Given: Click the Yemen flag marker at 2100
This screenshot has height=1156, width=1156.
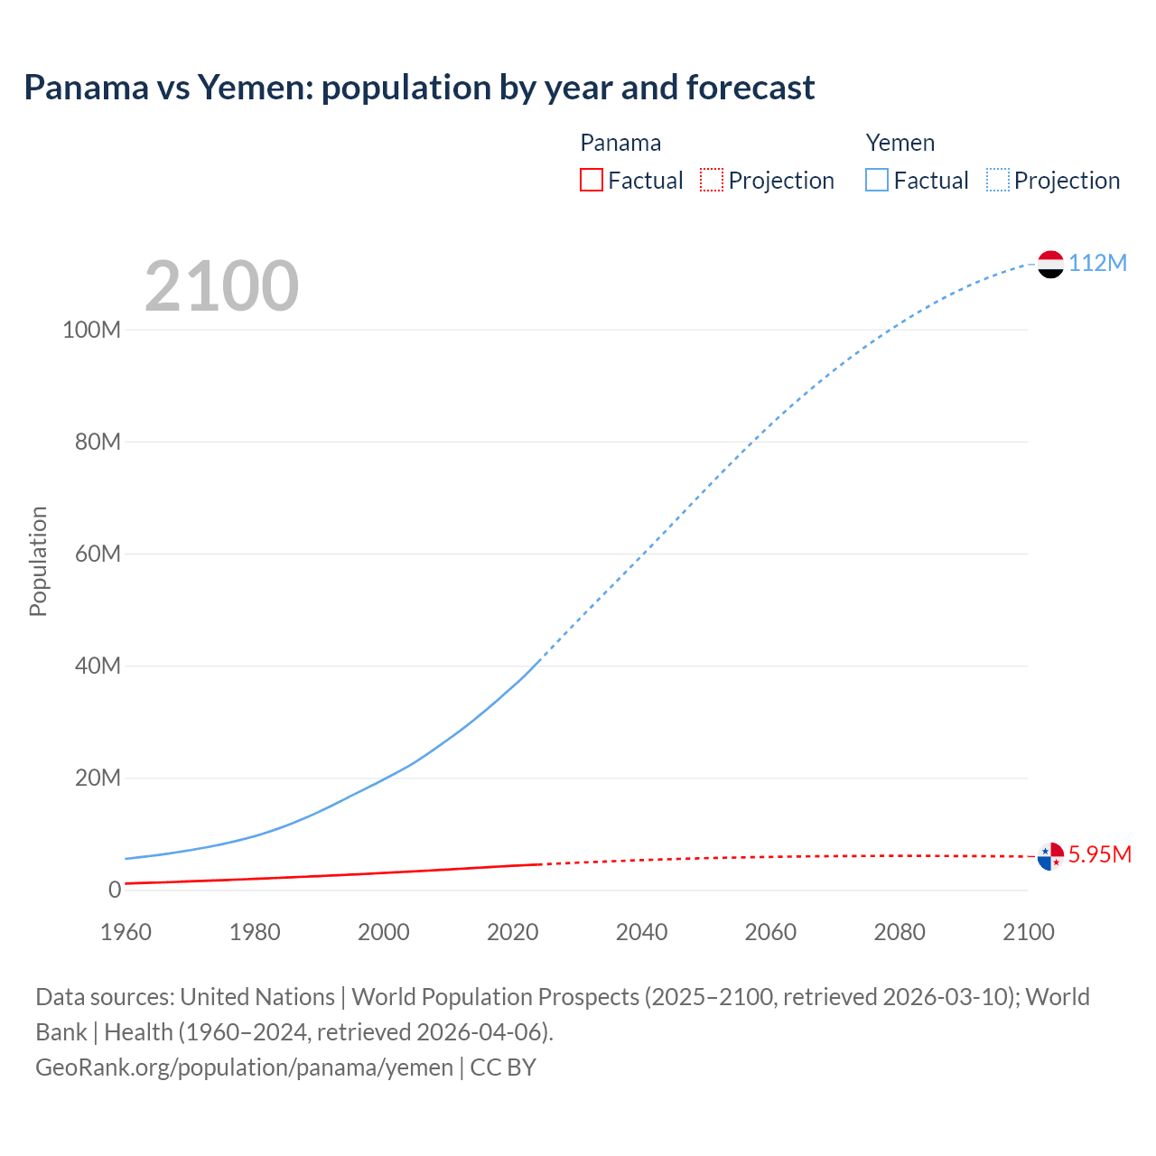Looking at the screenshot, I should click(1050, 264).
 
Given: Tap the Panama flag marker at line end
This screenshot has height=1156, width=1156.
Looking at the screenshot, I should click(1050, 856).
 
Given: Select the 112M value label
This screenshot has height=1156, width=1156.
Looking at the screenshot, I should click(1097, 263).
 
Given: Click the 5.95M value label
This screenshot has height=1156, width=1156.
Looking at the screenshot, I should click(1099, 854).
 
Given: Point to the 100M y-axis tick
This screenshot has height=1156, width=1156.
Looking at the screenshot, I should click(91, 330).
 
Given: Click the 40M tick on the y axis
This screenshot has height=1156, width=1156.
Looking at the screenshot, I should click(97, 667).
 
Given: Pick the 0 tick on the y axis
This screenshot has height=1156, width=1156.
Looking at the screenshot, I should click(115, 890).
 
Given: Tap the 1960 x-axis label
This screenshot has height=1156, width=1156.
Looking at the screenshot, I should click(126, 932).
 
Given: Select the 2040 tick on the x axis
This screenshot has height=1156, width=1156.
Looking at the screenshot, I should click(641, 932).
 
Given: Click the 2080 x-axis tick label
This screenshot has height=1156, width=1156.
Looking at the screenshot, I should click(900, 932).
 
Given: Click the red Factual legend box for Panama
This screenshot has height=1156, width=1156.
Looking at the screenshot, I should click(592, 181).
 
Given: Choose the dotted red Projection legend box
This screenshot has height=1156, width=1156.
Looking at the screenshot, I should click(712, 181).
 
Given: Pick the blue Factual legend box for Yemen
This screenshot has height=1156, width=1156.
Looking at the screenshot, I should click(877, 181).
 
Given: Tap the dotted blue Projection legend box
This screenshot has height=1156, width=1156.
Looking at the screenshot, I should click(998, 181).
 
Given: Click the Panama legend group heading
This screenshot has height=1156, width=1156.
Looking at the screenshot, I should click(620, 143).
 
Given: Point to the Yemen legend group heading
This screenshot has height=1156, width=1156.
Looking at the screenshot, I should click(900, 143).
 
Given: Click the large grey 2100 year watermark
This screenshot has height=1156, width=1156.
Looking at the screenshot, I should click(221, 286).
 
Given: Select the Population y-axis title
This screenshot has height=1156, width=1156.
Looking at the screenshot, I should click(38, 561).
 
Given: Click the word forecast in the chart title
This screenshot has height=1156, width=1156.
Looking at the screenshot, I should click(750, 88).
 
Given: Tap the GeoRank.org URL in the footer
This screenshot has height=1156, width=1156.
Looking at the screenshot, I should click(244, 1067).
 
